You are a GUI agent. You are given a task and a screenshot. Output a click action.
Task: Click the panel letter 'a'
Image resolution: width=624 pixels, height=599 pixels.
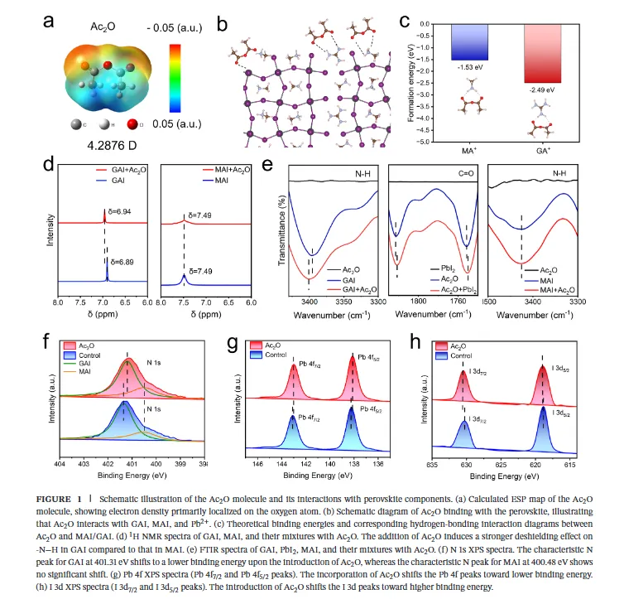pyautogui.click(x=51, y=22)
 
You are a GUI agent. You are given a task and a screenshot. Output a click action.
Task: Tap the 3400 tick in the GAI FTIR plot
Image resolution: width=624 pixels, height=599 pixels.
pyautogui.click(x=309, y=303)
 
